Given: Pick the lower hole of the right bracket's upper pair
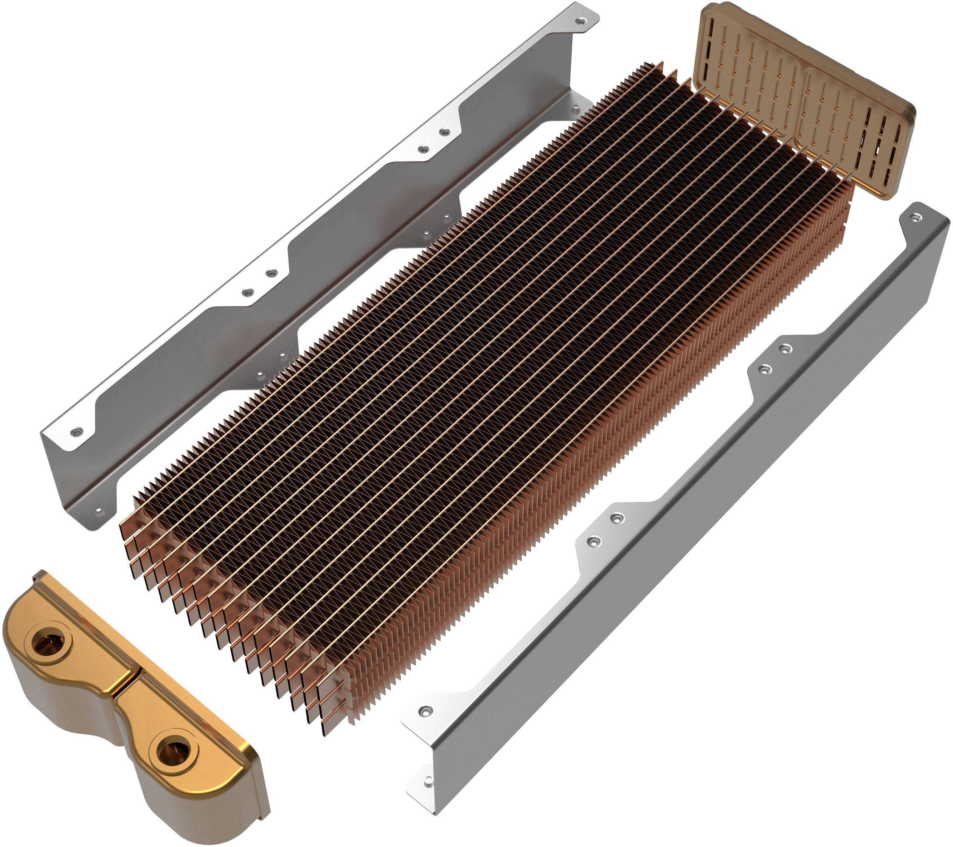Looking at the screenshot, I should (764, 370).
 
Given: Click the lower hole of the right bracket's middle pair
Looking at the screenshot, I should (593, 541).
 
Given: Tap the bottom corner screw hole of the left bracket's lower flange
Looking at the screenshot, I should (98, 511).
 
